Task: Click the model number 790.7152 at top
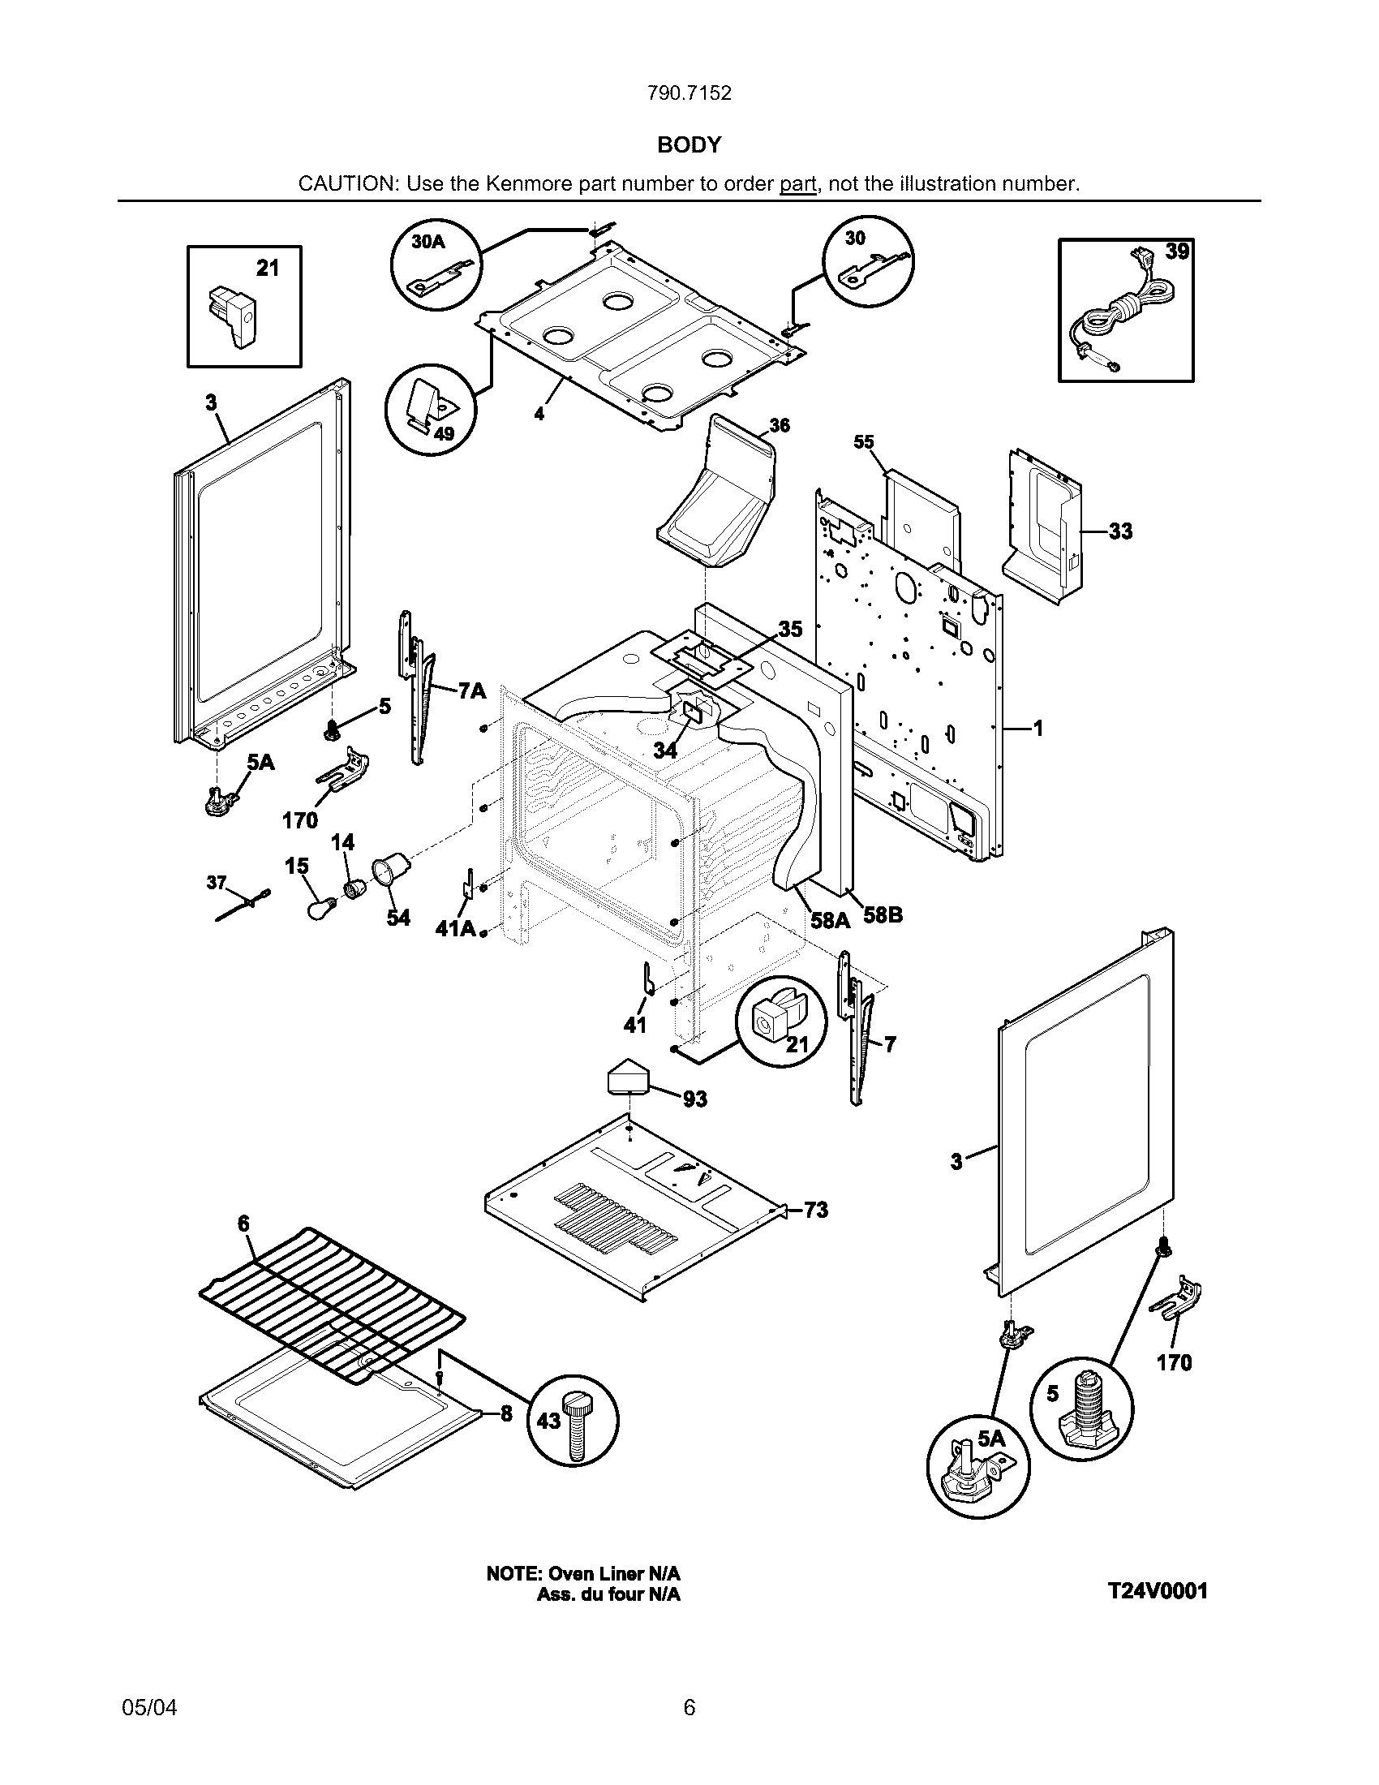pyautogui.click(x=689, y=93)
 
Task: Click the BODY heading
pyautogui.click(x=689, y=145)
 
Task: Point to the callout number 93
pyautogui.click(x=694, y=1099)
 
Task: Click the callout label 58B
pyautogui.click(x=883, y=915)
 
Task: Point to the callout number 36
pyautogui.click(x=780, y=426)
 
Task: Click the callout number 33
pyautogui.click(x=1121, y=531)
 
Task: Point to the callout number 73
pyautogui.click(x=815, y=1210)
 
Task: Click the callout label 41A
pyautogui.click(x=455, y=928)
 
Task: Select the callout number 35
pyautogui.click(x=789, y=630)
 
